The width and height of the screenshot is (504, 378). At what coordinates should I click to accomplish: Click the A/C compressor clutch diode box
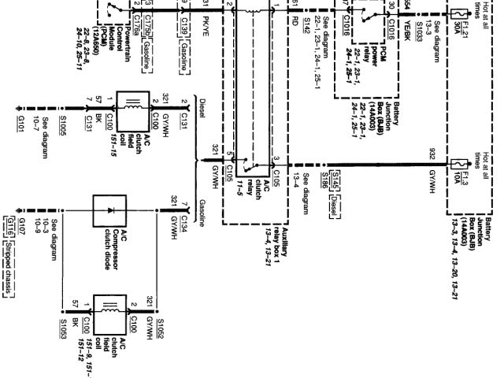[109, 212]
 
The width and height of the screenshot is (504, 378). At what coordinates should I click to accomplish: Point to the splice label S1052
[159, 324]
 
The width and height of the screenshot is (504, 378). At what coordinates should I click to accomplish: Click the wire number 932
[432, 152]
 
